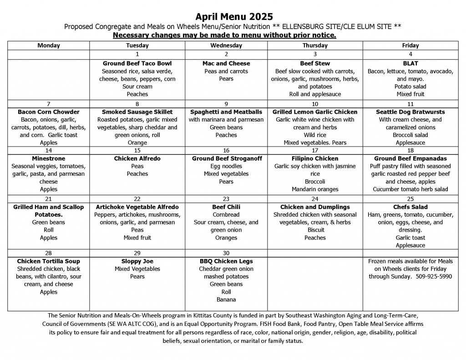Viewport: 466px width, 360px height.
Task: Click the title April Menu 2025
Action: tap(234, 17)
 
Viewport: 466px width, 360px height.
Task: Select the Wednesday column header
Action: tap(226, 46)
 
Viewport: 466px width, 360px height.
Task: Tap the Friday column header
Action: tap(410, 46)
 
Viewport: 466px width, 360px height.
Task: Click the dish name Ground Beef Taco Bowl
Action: tap(137, 64)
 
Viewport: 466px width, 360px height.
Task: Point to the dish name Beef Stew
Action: tap(315, 64)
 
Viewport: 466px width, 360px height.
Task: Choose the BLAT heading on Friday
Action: tap(410, 64)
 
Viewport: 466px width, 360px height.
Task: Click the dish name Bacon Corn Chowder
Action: tap(49, 112)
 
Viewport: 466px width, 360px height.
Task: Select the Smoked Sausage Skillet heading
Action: tap(137, 112)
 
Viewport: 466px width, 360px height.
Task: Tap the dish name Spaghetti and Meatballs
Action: tap(226, 112)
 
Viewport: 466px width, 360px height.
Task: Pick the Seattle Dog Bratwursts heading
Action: tap(410, 112)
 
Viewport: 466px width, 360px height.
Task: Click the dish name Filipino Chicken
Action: tap(315, 159)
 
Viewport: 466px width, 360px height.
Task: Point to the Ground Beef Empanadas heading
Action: tap(410, 159)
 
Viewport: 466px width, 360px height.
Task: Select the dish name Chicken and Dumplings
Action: tap(315, 207)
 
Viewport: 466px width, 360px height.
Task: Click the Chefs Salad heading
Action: tap(410, 207)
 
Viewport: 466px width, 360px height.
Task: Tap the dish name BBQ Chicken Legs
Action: tap(226, 261)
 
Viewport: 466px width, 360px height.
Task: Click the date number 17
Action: tap(315, 151)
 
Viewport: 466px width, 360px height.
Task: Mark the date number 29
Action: tap(137, 253)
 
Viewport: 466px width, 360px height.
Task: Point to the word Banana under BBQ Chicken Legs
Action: tap(226, 300)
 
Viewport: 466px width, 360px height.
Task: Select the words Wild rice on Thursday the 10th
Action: tap(315, 135)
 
